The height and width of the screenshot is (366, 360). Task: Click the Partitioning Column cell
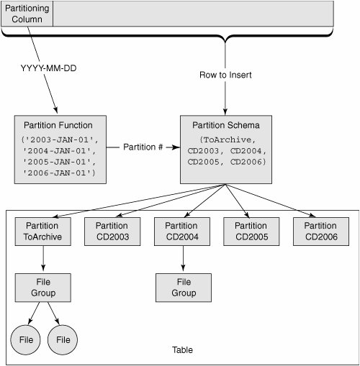(27, 14)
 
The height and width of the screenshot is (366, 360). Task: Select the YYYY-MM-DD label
(48, 68)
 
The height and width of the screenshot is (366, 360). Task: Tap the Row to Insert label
(225, 75)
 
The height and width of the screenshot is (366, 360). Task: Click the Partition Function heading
(58, 125)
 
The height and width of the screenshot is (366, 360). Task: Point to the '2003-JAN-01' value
(60, 139)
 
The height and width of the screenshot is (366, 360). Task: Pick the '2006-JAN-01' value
(59, 173)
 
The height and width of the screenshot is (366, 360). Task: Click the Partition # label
(143, 147)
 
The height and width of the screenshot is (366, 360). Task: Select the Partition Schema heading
(226, 125)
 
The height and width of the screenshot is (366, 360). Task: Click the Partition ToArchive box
(43, 232)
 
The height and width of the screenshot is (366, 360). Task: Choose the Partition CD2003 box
(112, 232)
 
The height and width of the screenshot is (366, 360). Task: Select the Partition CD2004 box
(182, 232)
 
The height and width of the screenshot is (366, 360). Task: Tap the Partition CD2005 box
(251, 232)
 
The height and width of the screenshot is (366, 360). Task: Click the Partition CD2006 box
(321, 232)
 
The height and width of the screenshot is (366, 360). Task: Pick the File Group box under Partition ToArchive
(43, 288)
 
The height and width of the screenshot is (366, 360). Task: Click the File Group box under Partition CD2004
(184, 288)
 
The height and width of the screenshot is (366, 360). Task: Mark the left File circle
(25, 339)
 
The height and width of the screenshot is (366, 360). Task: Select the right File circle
(63, 339)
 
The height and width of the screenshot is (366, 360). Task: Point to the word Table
(182, 350)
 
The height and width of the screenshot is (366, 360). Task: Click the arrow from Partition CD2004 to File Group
(183, 258)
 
